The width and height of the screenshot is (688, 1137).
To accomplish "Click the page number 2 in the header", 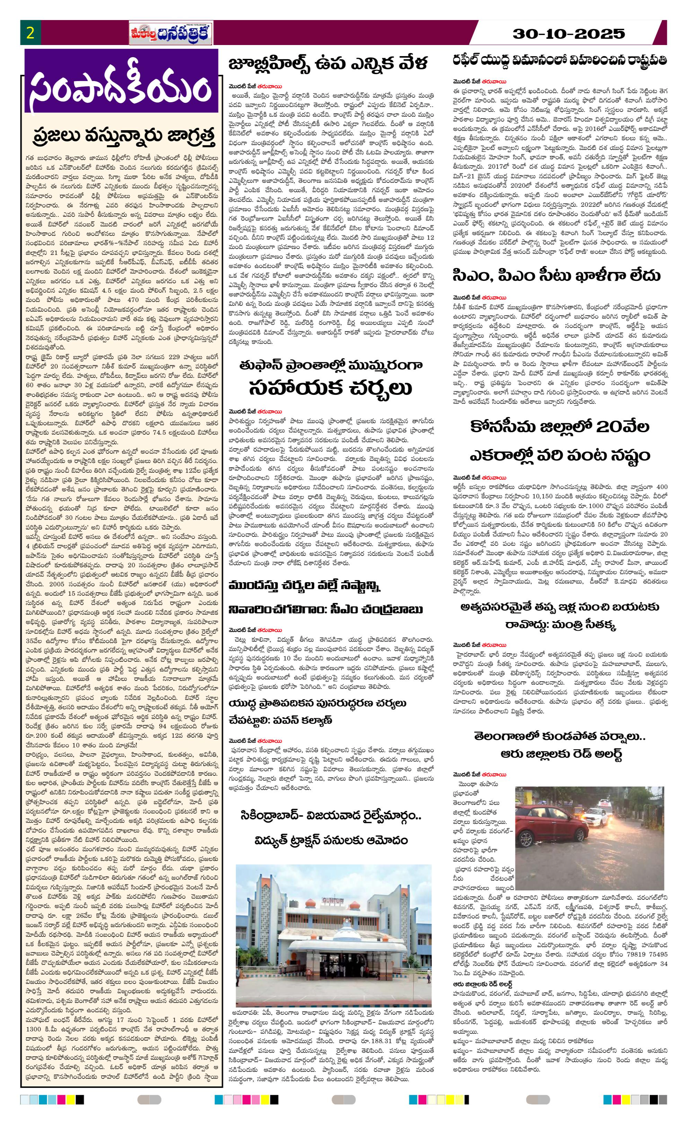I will (31, 34).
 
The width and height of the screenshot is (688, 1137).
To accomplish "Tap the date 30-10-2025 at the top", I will (569, 34).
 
